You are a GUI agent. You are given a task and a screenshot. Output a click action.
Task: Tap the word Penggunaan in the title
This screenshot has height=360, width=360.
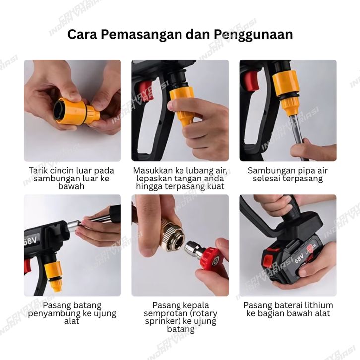point(253,35)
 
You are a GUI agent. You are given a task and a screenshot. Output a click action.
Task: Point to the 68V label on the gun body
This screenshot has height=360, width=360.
point(32,240)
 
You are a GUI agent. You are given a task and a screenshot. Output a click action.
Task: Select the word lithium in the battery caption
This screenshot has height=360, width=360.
point(319,305)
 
